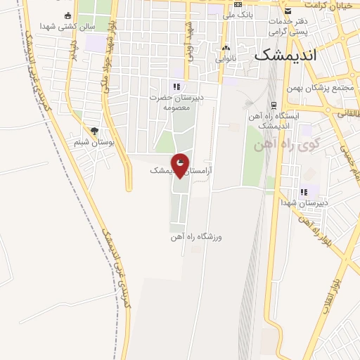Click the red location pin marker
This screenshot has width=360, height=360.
[x=181, y=165]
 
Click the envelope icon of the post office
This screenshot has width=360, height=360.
[x=288, y=10]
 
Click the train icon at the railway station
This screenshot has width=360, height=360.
[x=248, y=103]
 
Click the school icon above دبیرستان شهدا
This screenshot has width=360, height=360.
[x=304, y=191]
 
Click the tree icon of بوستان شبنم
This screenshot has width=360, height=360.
[x=94, y=130]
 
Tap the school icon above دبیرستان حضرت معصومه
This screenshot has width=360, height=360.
[x=176, y=86]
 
